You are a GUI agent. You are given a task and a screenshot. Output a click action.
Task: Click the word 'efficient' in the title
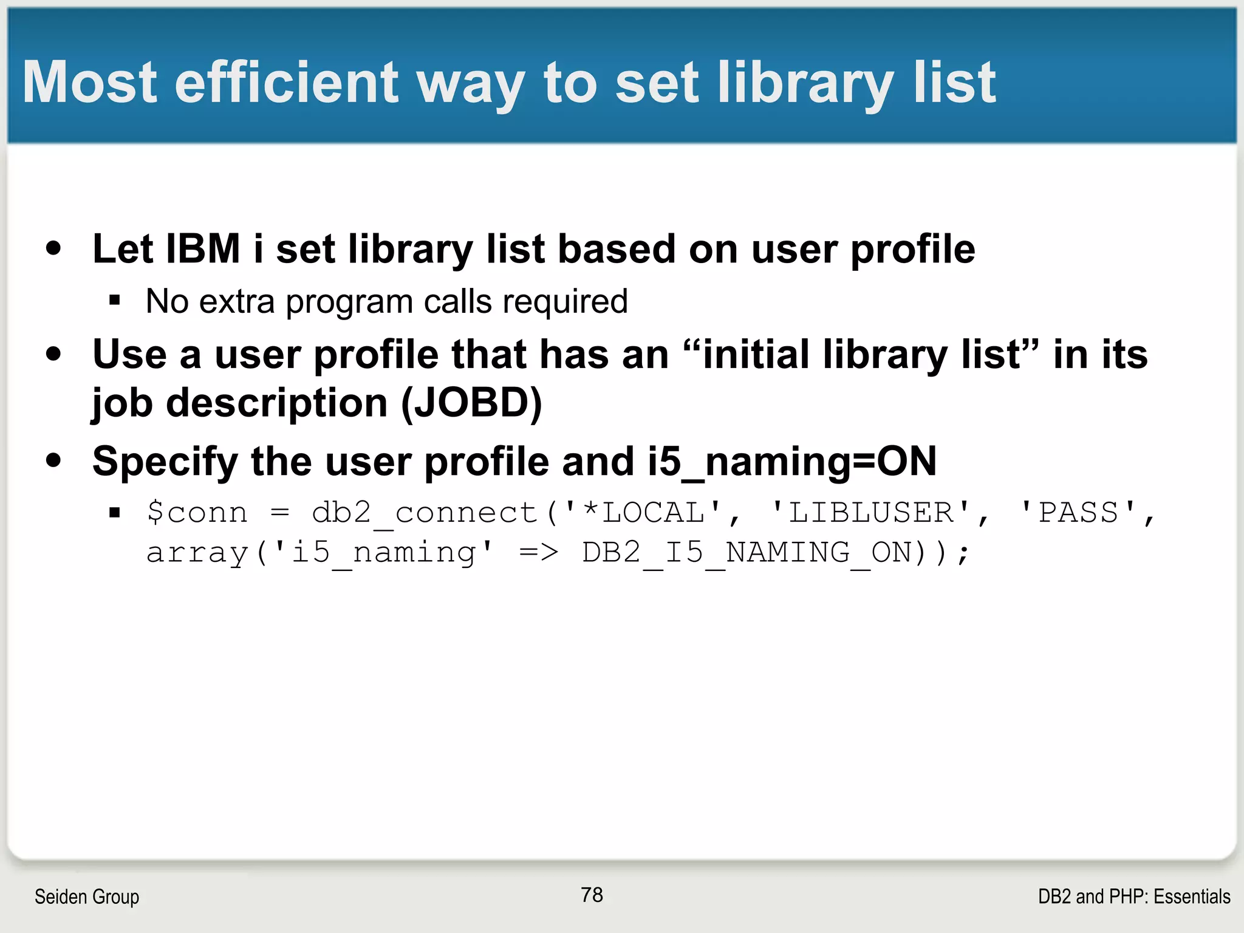(286, 83)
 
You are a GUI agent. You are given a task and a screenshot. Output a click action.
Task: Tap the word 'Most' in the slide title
(90, 83)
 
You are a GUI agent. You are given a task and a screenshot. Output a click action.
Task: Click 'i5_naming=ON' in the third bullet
(792, 462)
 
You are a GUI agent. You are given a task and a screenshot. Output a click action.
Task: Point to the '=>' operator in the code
(538, 553)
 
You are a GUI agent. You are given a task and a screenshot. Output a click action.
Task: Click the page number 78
(592, 895)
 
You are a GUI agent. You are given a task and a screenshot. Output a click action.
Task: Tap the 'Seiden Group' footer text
(87, 897)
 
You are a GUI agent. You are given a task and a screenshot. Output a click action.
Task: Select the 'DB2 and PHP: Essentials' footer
(1134, 897)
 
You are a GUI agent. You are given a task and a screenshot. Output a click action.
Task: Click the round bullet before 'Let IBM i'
(53, 248)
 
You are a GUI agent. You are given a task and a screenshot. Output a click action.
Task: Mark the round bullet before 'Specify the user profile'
(53, 460)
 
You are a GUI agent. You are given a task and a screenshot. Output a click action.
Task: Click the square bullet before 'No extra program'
(115, 300)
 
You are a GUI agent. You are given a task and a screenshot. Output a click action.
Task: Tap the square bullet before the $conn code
(115, 513)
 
